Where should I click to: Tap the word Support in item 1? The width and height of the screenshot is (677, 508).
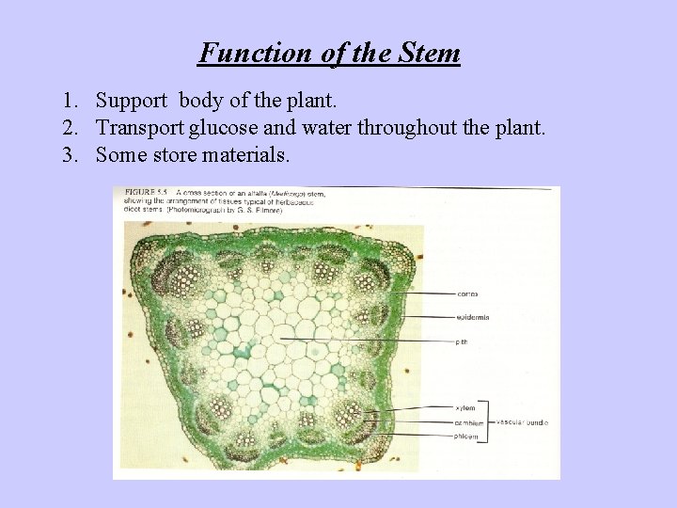click(x=134, y=100)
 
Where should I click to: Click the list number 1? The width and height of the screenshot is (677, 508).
click(x=70, y=100)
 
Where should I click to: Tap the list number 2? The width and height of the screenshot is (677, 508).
click(x=70, y=127)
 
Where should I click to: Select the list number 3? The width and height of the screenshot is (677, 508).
click(x=70, y=154)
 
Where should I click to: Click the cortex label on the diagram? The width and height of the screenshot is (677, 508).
click(x=468, y=294)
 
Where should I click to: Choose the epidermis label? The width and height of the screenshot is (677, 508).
click(x=471, y=318)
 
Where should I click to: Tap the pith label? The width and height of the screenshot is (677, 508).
click(x=462, y=341)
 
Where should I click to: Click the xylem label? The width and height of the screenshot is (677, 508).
click(x=465, y=408)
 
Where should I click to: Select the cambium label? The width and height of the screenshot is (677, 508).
click(x=469, y=422)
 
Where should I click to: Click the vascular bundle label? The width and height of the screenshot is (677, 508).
click(x=522, y=422)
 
